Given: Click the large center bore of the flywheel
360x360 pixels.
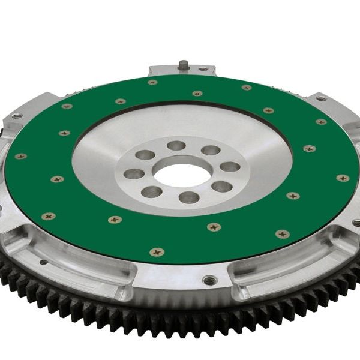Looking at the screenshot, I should (178, 174).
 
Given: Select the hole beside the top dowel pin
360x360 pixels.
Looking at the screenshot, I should (203, 69).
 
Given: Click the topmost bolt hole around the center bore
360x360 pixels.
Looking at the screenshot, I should (176, 145).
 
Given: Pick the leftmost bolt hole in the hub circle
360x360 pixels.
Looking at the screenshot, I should (134, 174).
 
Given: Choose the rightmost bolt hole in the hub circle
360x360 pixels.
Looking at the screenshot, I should (229, 166).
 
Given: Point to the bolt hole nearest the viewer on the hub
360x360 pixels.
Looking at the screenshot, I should (188, 197).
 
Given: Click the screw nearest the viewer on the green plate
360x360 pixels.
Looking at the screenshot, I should (157, 252).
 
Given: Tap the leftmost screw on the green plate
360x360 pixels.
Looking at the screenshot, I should (20, 156).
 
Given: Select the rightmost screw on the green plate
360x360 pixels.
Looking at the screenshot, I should (343, 178).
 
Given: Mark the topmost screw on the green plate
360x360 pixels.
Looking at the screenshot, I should (152, 82).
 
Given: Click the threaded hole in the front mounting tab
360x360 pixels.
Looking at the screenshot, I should (209, 280).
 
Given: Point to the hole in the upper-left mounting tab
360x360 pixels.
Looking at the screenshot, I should (16, 116).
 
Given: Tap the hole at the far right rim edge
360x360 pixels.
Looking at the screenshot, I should (356, 223).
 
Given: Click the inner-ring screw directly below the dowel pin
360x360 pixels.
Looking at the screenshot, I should (197, 94).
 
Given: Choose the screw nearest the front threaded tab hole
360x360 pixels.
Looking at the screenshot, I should (213, 227).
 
